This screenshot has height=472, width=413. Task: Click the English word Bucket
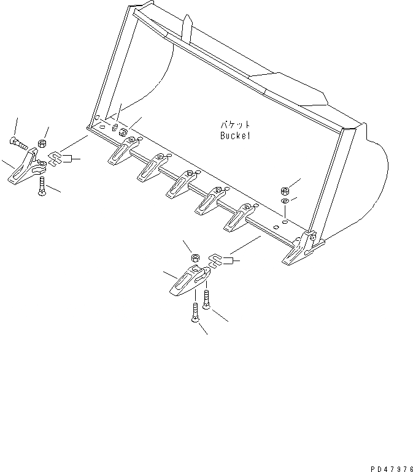click(235, 136)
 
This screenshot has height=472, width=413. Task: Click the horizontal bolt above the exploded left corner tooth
click(19, 145)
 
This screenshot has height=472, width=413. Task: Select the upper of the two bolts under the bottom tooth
click(206, 301)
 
